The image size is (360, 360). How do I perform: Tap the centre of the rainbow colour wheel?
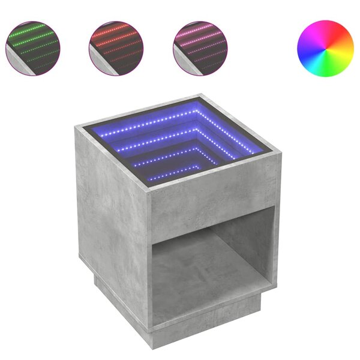pyautogui.click(x=325, y=49)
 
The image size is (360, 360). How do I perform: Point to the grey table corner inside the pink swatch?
pyautogui.click(x=182, y=63)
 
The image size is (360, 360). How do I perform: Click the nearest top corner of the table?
pyautogui.click(x=148, y=188)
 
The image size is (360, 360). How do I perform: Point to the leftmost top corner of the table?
pyautogui.click(x=77, y=127)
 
